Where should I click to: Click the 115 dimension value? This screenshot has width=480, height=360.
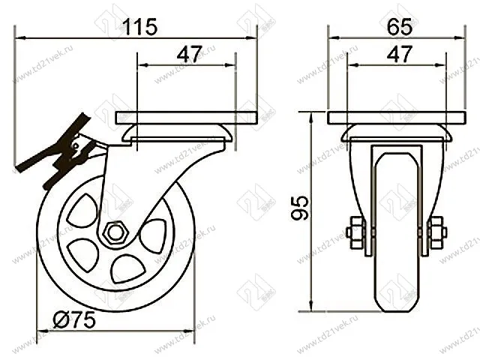139,27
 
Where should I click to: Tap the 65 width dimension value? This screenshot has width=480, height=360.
400,27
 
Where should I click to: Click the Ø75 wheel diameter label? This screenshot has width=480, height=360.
74,321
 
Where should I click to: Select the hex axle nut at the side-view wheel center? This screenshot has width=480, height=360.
115,232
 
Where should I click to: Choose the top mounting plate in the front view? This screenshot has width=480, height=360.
397,118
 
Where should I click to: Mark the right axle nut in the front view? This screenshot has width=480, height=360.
438,232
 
